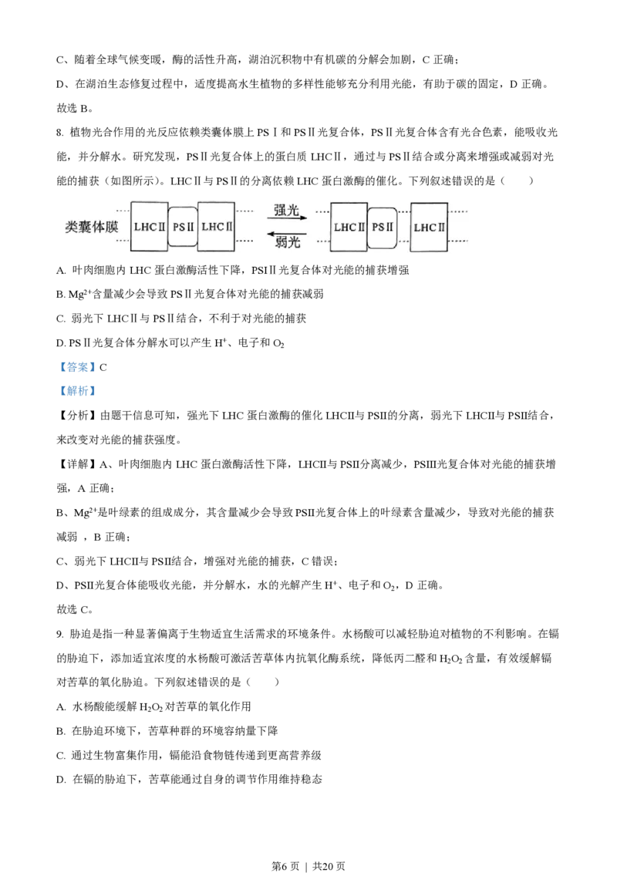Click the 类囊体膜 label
92,228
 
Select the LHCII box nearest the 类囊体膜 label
149,227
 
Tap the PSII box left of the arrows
183,227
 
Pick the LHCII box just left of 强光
217,227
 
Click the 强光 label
286,210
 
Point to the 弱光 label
287,242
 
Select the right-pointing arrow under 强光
287,219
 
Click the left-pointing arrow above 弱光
287,233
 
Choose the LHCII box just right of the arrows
349,227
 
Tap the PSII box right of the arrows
383,227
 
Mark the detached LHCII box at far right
429,227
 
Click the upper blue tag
77,367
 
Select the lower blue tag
77,393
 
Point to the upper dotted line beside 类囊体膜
122,210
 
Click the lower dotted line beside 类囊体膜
122,241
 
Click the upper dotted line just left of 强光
244,210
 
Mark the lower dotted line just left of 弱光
244,241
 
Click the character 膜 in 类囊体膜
111,228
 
